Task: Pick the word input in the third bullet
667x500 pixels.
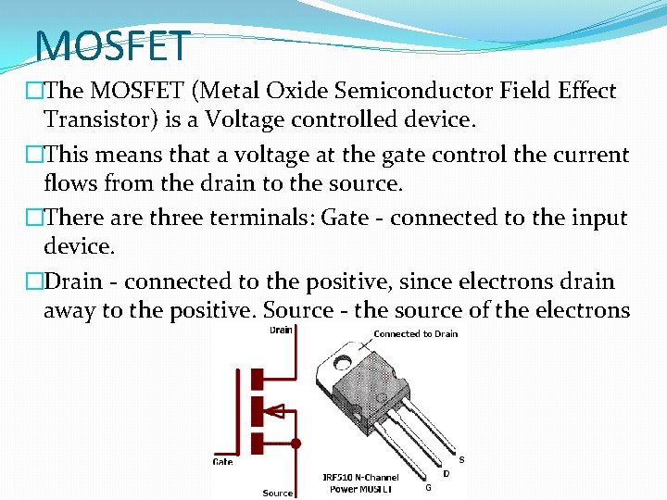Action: click(597, 219)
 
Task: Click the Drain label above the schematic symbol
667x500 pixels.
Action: click(280, 331)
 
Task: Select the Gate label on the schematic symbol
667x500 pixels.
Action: click(222, 461)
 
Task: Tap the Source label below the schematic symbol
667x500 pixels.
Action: click(278, 493)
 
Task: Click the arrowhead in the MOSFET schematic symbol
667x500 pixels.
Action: click(275, 408)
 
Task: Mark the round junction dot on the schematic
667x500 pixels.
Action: click(296, 444)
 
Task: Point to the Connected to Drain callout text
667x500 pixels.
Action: click(415, 333)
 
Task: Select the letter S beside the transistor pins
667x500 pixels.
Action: click(462, 459)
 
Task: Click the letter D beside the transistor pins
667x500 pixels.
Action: click(447, 473)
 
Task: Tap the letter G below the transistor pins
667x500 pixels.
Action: click(427, 487)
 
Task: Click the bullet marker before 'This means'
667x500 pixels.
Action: click(34, 155)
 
